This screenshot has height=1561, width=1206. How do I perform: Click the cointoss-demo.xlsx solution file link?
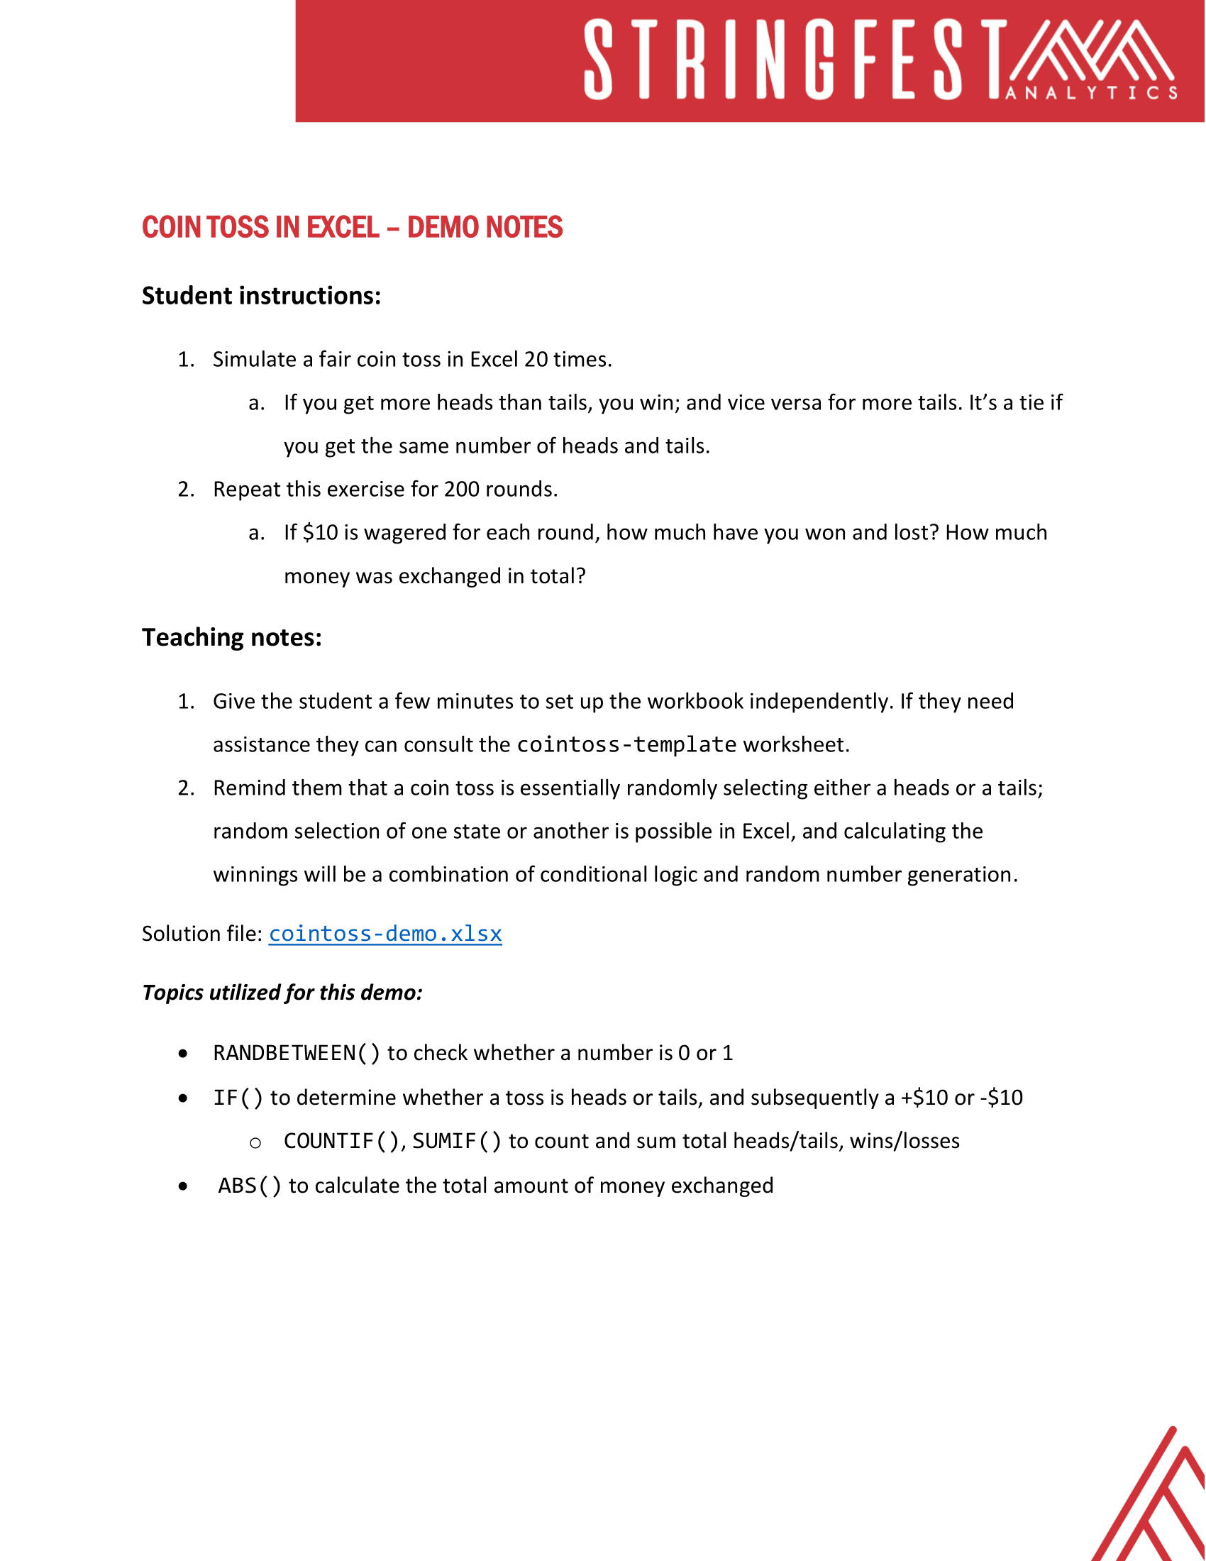click(x=385, y=934)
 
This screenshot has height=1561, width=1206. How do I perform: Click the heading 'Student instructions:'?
click(x=262, y=296)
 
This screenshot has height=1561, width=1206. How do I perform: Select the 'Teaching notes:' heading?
click(x=231, y=638)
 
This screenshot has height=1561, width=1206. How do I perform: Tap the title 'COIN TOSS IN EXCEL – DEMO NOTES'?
click(x=353, y=228)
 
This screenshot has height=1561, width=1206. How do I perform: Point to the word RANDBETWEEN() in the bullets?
click(x=297, y=1054)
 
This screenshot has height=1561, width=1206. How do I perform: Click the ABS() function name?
click(x=250, y=1186)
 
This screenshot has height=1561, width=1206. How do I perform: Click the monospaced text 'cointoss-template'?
click(x=626, y=745)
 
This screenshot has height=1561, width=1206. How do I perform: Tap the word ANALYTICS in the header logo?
click(x=1092, y=93)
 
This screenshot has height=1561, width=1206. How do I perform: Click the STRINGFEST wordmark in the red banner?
click(x=793, y=60)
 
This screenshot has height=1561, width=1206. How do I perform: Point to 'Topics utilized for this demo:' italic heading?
click(x=282, y=993)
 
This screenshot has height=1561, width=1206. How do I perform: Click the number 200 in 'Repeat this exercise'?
click(x=462, y=490)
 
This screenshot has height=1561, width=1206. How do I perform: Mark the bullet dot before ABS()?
click(x=184, y=1187)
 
